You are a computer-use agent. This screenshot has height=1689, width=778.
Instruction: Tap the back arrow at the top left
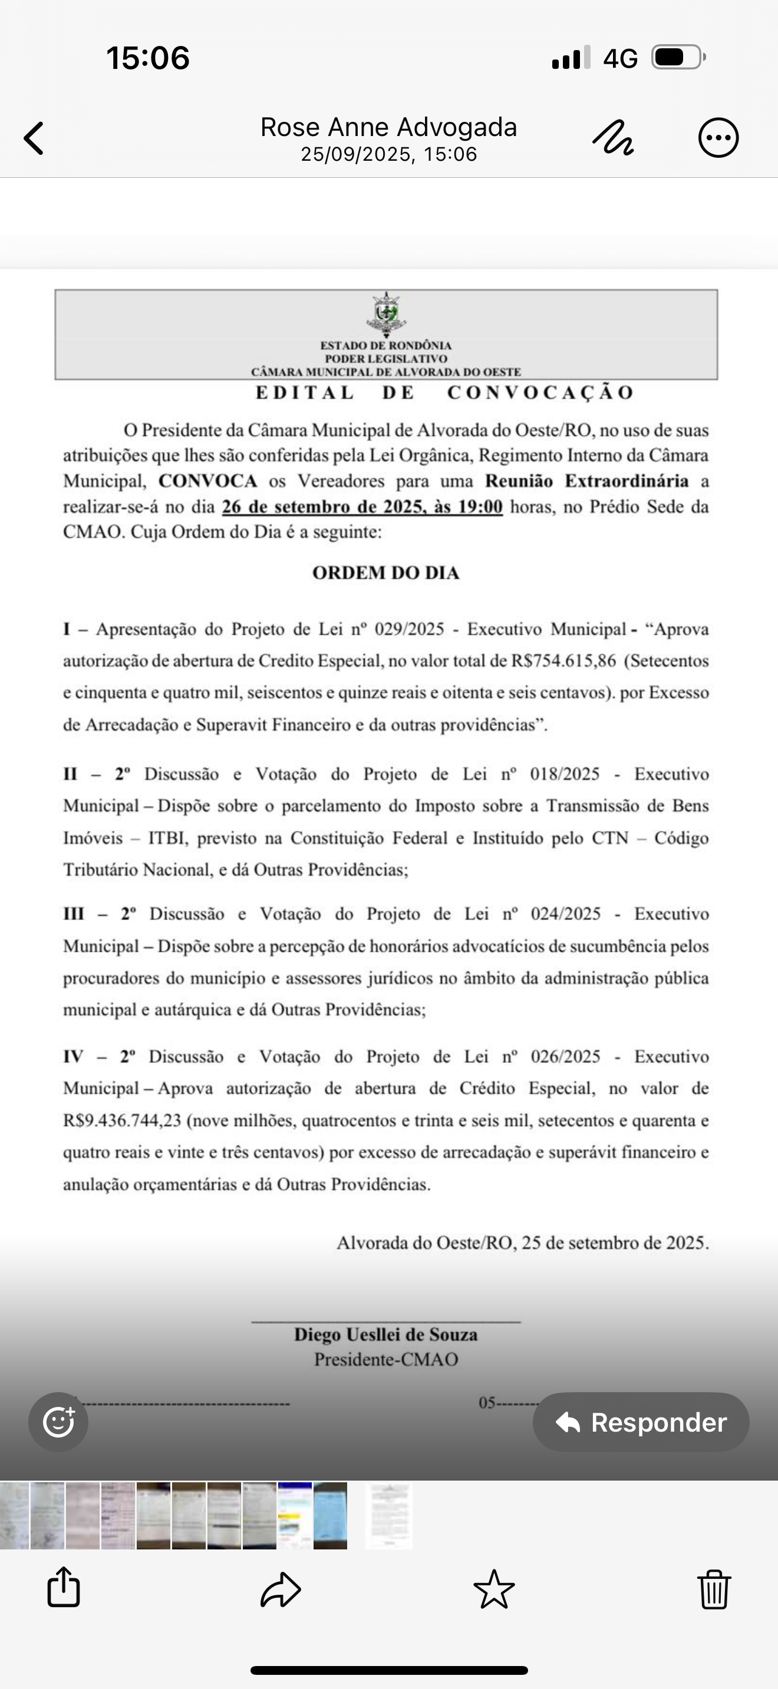[34, 138]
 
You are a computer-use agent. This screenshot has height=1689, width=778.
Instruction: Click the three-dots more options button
[718, 138]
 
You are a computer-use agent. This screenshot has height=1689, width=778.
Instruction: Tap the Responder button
[641, 1422]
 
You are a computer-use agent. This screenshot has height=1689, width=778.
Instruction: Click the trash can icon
[714, 1589]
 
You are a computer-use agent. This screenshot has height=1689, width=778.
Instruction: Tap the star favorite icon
[494, 1589]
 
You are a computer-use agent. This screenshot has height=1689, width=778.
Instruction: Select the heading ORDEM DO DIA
[385, 573]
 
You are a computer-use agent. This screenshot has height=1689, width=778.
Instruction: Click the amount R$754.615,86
[563, 661]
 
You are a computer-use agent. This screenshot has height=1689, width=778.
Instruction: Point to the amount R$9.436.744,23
[122, 1121]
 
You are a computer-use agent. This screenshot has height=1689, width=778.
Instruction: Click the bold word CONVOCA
[208, 481]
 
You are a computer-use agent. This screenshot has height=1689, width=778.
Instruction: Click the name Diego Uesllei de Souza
[385, 1335]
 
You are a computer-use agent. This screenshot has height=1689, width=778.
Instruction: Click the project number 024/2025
[565, 914]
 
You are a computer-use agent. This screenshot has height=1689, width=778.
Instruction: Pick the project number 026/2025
[565, 1057]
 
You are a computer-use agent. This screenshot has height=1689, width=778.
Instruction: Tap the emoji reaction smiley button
[58, 1422]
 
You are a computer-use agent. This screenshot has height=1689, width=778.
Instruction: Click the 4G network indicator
[620, 58]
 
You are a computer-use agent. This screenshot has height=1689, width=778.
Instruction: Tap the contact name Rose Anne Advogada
[388, 127]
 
